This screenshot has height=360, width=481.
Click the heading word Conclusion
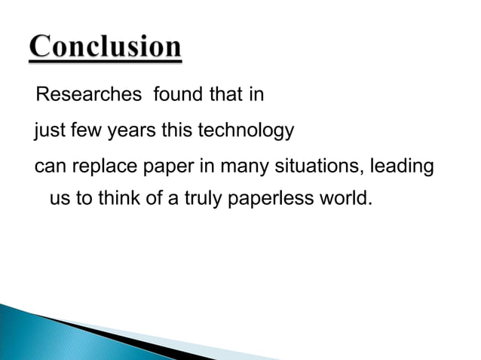pos(106,48)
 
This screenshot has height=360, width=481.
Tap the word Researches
pos(89,95)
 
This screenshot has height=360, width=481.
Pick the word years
pos(131,132)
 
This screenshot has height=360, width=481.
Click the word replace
pos(102,166)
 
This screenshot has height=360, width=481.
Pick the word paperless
pos(275,201)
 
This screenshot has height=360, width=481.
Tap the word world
pos(348,200)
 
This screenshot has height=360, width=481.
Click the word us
pos(58,201)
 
